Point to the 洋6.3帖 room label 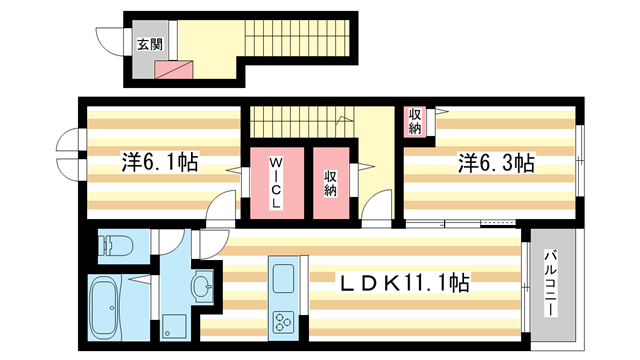pyautogui.click(x=496, y=161)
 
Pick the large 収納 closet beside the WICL pyautogui.click(x=331, y=184)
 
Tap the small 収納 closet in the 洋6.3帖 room pyautogui.click(x=414, y=121)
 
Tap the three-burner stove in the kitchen pyautogui.click(x=280, y=323)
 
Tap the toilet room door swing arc pyautogui.click(x=171, y=241)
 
